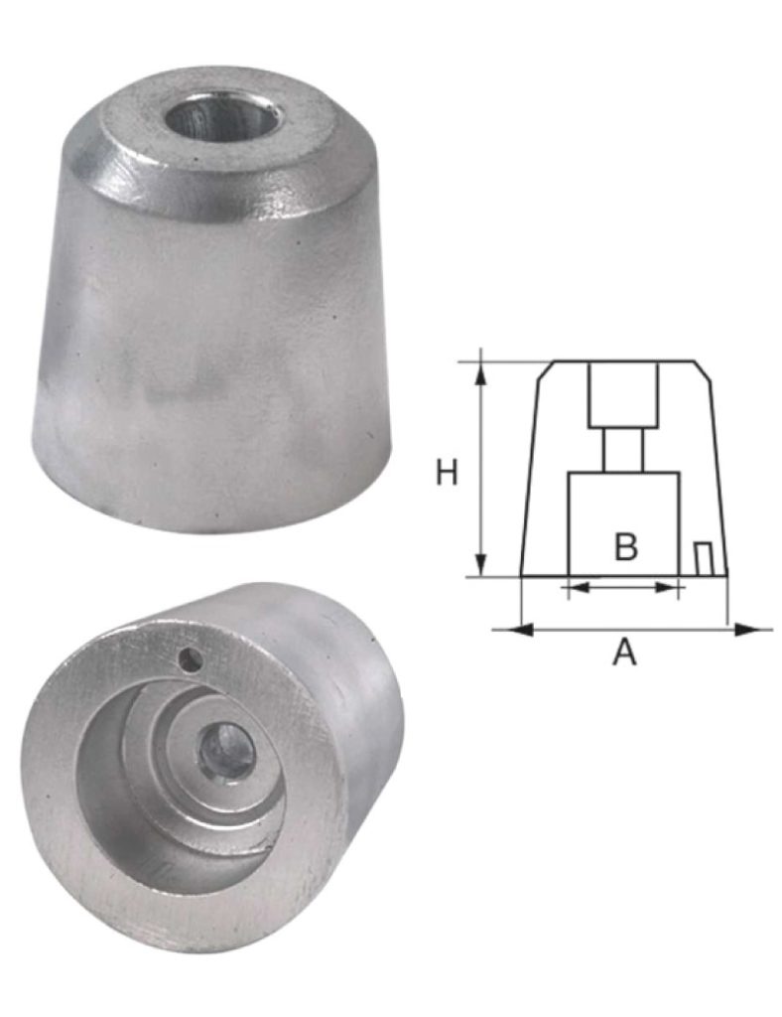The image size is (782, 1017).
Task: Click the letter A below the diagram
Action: click(624, 652)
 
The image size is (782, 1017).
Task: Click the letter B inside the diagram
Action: click(626, 546)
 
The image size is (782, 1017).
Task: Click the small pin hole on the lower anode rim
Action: click(191, 661)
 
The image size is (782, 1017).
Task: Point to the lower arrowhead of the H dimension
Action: click(480, 563)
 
